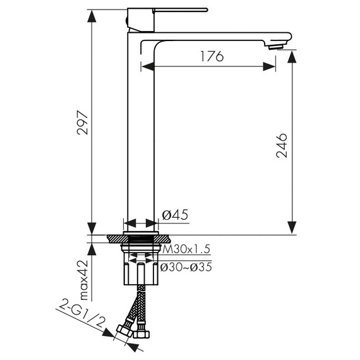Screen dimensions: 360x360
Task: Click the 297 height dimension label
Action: coord(83,123)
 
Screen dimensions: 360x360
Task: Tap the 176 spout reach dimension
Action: coord(212,56)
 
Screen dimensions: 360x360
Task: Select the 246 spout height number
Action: coord(282,145)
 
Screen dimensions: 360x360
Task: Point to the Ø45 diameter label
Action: coord(175,215)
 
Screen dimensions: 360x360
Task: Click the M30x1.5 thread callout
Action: coord(186,249)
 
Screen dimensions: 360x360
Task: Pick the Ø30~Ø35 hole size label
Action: coord(186,267)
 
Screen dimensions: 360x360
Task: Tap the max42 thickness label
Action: coord(83,280)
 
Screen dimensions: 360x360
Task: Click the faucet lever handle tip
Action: coord(206,10)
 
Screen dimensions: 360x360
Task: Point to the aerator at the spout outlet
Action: coord(275,47)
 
